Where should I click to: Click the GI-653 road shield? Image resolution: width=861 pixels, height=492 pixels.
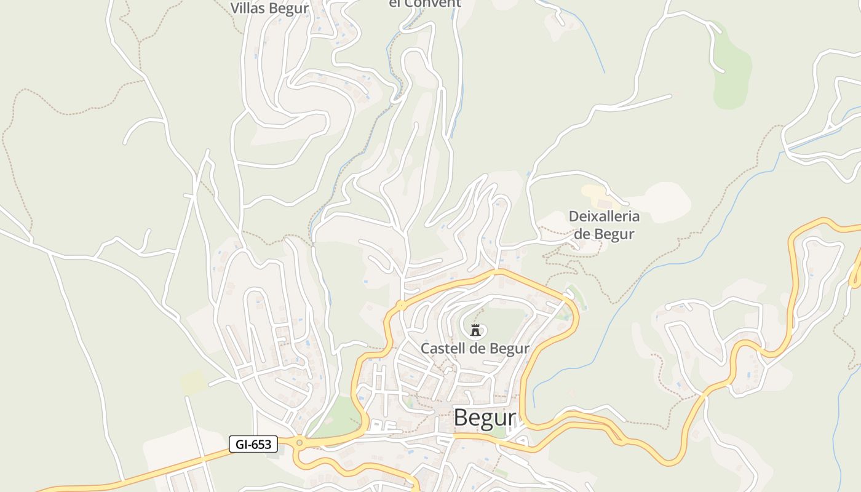pos(253,444)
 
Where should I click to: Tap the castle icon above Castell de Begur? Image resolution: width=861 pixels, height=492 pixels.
pos(475,330)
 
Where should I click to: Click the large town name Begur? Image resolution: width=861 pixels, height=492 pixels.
pos(485,418)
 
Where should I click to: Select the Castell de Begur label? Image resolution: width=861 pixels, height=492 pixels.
pos(475,349)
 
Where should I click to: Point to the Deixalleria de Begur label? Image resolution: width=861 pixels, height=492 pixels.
pos(604,225)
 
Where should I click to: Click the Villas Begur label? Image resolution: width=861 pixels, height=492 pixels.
pos(269,8)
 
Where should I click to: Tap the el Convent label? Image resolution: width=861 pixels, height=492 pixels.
pos(425,4)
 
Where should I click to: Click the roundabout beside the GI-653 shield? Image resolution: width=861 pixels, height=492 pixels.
pos(300,442)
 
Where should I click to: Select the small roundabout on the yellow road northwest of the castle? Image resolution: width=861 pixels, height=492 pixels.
pos(401,304)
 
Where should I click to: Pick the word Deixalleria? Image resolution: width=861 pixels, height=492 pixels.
pos(604,216)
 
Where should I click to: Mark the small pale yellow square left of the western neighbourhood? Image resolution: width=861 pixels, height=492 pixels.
pos(194,382)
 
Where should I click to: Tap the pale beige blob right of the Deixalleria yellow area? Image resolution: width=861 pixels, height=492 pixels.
pos(661,200)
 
